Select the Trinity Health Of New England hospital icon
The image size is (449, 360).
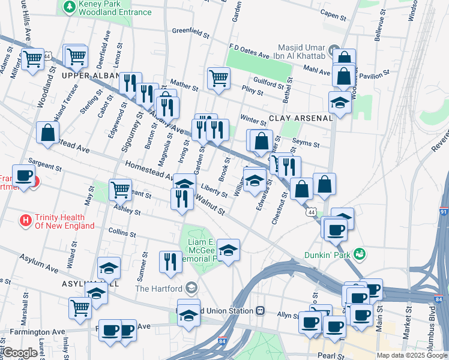(26, 220)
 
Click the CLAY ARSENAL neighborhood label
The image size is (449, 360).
(300, 118)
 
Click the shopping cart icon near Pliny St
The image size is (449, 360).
(218, 77)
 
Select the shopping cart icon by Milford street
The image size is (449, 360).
(33, 58)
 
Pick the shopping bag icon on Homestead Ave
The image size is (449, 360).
(47, 132)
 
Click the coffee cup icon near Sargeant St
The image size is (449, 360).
(23, 176)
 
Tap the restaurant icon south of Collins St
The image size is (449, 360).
(170, 261)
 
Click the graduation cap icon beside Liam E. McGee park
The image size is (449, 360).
(228, 249)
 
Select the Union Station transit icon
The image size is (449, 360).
(260, 310)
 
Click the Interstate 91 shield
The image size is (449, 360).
(443, 212)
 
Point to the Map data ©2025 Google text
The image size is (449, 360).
(412, 355)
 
